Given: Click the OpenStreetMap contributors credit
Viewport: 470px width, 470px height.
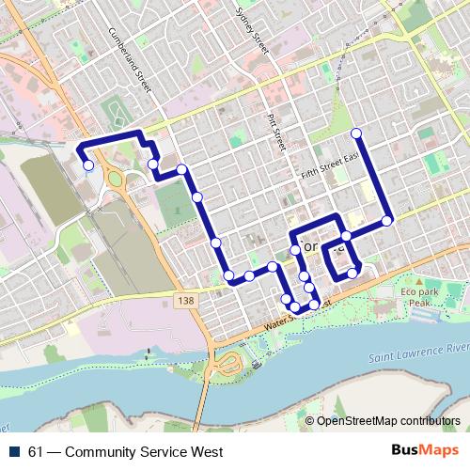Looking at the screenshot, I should pos(387,422).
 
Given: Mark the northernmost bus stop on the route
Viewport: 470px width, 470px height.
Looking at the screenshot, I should pos(356,132).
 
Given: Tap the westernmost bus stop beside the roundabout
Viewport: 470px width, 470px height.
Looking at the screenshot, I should pos(87,165).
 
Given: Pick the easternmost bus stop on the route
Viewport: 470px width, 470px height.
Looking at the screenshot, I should pos(386,221).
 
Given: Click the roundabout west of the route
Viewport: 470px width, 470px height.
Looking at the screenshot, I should pos(117,179).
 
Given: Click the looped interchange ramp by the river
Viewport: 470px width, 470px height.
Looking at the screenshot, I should pos(229,363).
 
